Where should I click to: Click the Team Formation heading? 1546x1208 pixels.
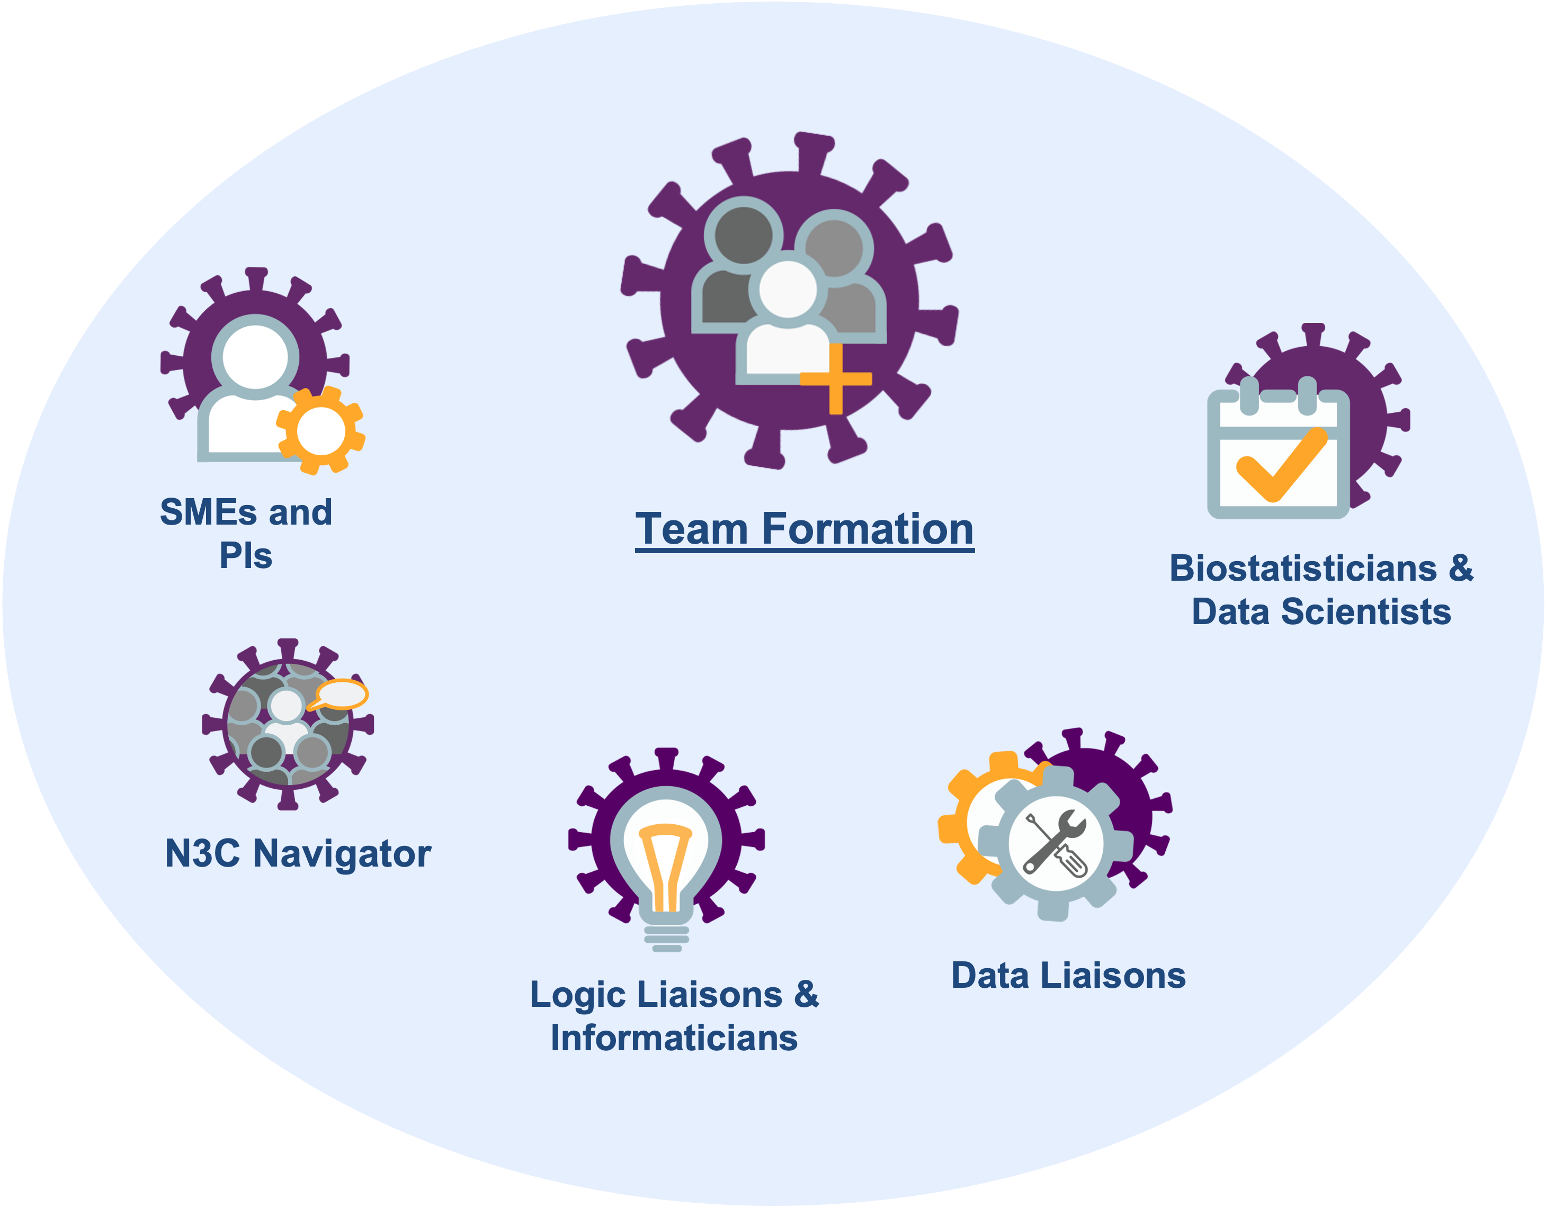click(x=804, y=529)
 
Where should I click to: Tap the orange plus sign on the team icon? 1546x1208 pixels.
click(x=835, y=378)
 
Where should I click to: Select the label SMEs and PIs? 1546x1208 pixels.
click(x=246, y=534)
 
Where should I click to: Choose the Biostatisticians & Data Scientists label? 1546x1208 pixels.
click(x=1321, y=590)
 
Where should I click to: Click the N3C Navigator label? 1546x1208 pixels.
click(x=298, y=853)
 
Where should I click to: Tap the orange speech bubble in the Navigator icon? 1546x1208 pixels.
click(x=341, y=694)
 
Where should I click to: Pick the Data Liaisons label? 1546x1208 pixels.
click(x=1068, y=975)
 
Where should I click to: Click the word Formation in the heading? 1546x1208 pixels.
click(x=868, y=529)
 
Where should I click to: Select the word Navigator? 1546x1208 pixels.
click(x=342, y=853)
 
